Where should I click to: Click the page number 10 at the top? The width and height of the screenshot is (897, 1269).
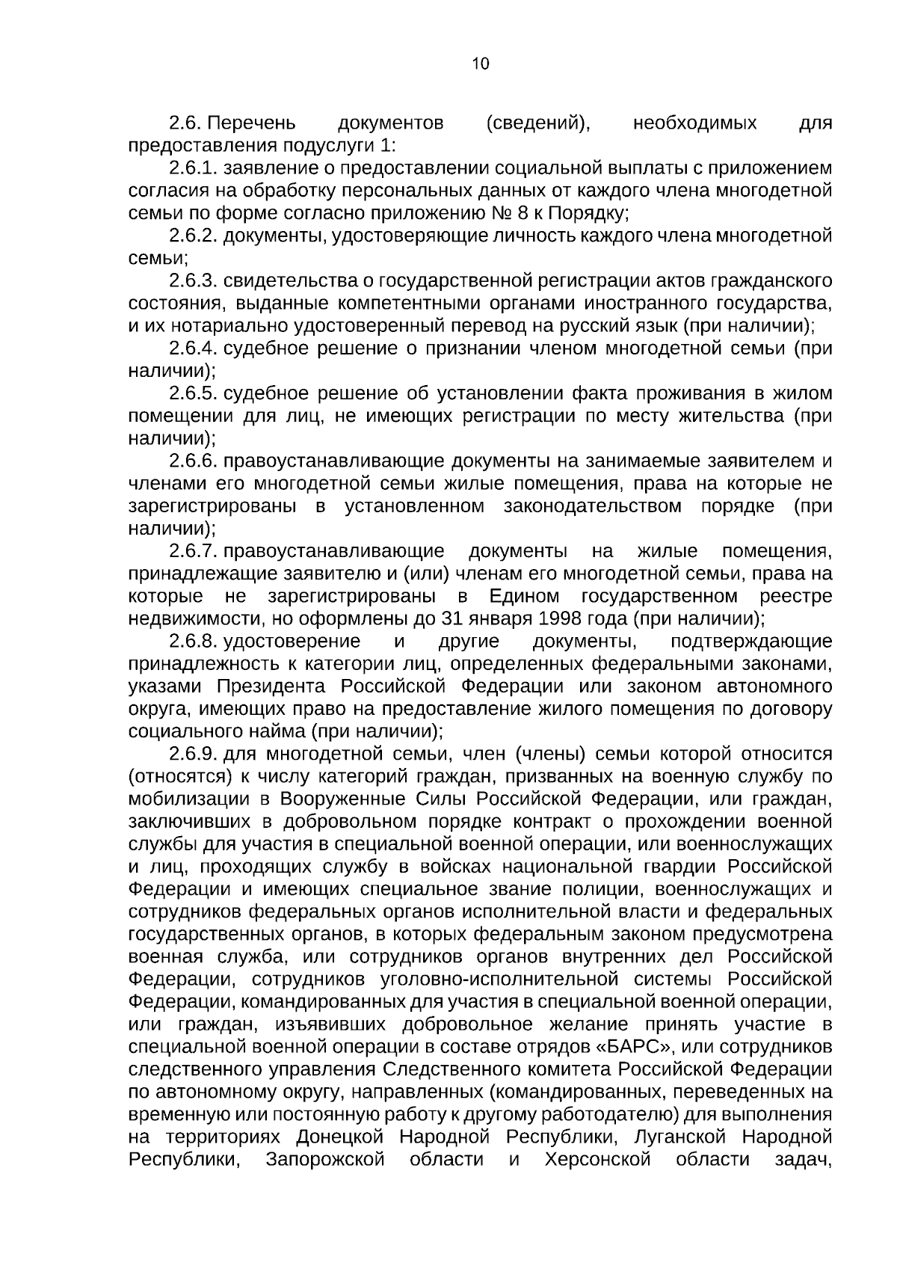coord(481,64)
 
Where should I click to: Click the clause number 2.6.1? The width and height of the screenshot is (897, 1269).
coord(193,168)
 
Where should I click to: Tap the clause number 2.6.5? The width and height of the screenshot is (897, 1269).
coord(193,393)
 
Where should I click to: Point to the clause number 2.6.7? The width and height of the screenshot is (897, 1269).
coord(193,551)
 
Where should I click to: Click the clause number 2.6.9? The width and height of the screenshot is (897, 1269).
coord(193,754)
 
